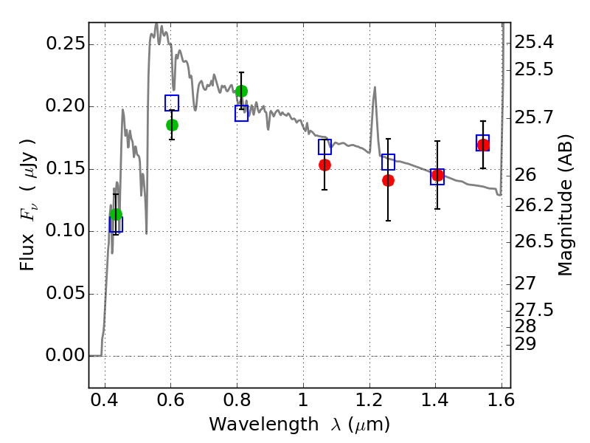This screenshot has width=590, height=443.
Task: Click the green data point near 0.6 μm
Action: pyautogui.click(x=172, y=126)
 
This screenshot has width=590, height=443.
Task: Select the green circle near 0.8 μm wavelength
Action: pyautogui.click(x=242, y=91)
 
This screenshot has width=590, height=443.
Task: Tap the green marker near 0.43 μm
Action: pyautogui.click(x=117, y=215)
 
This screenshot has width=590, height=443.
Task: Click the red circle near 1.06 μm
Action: pyautogui.click(x=324, y=165)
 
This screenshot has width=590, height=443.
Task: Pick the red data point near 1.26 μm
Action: pyautogui.click(x=389, y=181)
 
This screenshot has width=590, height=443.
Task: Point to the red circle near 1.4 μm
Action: pyautogui.click(x=437, y=175)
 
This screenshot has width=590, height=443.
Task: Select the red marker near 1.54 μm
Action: pyautogui.click(x=483, y=145)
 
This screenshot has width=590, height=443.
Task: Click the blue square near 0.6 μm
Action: pyautogui.click(x=172, y=103)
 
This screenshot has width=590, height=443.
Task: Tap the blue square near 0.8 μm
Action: pyautogui.click(x=241, y=114)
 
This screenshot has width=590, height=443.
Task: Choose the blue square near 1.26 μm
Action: pyautogui.click(x=389, y=162)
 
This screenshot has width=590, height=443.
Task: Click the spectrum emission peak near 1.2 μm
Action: pyautogui.click(x=375, y=87)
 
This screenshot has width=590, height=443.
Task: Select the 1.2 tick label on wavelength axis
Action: pyautogui.click(x=369, y=400)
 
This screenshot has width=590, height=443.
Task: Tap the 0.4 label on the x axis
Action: pyautogui.click(x=105, y=400)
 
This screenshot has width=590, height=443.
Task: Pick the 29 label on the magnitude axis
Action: pyautogui.click(x=525, y=344)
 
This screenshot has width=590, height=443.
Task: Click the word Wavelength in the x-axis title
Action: pyautogui.click(x=264, y=425)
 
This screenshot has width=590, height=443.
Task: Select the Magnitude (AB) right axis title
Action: pyautogui.click(x=565, y=205)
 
